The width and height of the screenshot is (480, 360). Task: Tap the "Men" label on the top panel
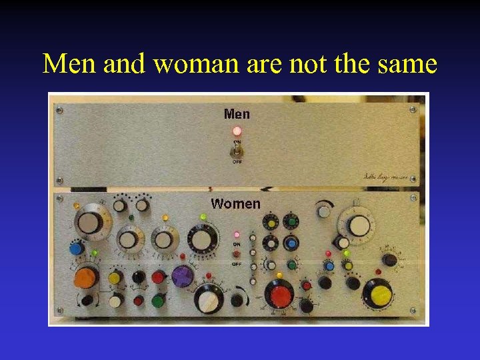pos(237,114)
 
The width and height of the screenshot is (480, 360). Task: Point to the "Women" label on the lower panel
pos(235,203)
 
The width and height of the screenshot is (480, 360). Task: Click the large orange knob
pos(86,277)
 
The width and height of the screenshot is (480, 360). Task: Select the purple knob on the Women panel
pos(181,275)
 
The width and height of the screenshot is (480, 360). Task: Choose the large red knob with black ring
pos(278,293)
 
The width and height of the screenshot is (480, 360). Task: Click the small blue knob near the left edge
pos(75,249)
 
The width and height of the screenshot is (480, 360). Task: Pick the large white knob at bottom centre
pos(209,301)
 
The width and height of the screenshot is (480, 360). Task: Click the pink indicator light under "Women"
pos(237,235)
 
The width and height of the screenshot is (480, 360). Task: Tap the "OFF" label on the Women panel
pos(237,264)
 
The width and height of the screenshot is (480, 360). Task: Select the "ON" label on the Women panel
pos(237,245)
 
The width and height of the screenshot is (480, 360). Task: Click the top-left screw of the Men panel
pos(59,109)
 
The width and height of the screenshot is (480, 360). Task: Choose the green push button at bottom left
pos(158,301)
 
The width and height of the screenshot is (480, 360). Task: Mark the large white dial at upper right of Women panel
pos(359,225)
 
